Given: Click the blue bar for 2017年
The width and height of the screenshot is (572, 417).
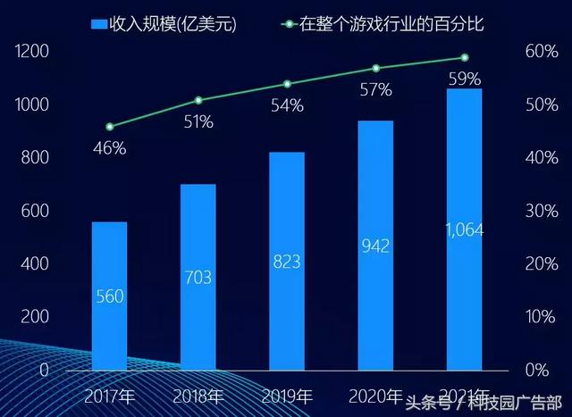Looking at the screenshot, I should coord(109,295).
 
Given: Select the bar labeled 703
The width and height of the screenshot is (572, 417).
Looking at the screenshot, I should coord(198,277).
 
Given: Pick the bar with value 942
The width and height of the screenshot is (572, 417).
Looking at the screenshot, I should coord(375,245).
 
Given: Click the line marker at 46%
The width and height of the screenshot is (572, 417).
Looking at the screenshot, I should coord(109,127).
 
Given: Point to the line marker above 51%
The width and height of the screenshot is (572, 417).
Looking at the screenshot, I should coord(198,100).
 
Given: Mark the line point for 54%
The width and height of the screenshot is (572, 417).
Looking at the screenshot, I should coord(287,84).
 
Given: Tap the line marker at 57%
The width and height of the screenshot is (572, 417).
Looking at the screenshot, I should coord(375,68).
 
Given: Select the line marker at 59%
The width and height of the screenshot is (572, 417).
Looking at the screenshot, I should coord(464,57).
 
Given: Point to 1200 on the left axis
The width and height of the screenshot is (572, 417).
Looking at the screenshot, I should coord(30,53).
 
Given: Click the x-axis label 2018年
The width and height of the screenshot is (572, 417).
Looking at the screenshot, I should coord(198,395).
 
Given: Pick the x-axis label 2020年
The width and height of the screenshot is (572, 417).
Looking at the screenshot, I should coord(375,395).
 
